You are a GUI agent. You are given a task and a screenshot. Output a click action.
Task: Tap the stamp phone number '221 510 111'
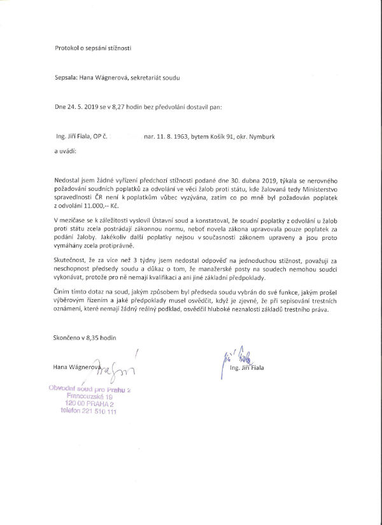pos(97,412)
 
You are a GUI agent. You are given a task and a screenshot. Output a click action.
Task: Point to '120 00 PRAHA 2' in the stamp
pos(89,404)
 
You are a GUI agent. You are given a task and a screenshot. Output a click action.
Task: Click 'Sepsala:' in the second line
pos(66,78)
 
